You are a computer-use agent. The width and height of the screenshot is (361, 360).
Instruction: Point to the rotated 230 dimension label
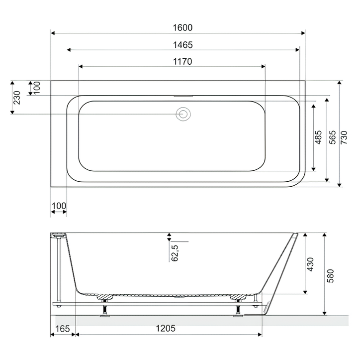pyautogui.click(x=16, y=98)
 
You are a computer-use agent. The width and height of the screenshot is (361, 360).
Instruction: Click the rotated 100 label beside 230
pyautogui.click(x=35, y=88)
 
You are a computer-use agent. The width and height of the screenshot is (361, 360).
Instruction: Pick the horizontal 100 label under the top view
pyautogui.click(x=59, y=205)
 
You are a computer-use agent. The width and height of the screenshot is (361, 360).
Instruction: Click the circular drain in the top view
pyautogui.click(x=183, y=114)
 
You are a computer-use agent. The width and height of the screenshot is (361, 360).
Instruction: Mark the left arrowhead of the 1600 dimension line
pyautogui.click(x=53, y=33)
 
